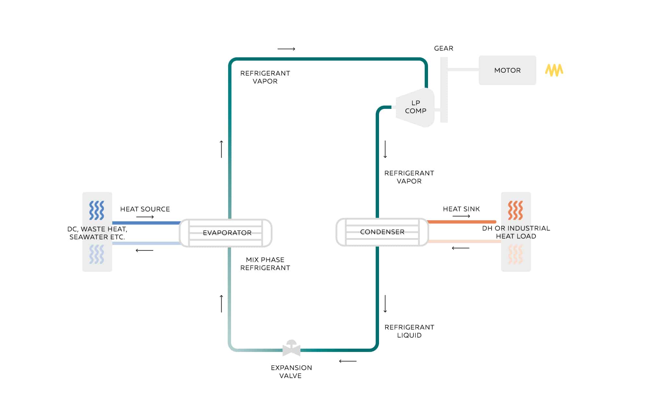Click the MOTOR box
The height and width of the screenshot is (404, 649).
[x=507, y=70]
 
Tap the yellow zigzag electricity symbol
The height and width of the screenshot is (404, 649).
[x=554, y=70]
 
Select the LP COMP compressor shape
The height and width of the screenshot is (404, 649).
[x=415, y=107]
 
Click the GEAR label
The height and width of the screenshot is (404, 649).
[x=444, y=48]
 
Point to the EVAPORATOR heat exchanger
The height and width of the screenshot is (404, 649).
[x=226, y=233]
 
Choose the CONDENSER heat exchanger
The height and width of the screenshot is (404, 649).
[x=382, y=232]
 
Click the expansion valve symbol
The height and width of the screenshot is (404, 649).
[x=291, y=349]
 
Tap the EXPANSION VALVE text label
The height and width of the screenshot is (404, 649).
[x=291, y=372]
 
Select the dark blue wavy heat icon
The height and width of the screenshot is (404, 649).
[x=97, y=210]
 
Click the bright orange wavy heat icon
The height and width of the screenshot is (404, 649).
[x=515, y=210]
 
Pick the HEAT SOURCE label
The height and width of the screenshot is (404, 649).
[x=145, y=209]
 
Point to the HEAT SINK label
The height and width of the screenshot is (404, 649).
[x=461, y=209]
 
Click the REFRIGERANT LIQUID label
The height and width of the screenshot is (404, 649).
[x=409, y=331]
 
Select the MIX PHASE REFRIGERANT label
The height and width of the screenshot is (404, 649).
[x=265, y=264]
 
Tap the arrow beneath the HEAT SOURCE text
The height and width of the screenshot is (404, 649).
[x=145, y=217]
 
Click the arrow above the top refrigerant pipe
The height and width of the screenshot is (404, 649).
[x=286, y=49]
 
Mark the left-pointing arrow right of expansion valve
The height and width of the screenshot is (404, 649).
[x=348, y=361]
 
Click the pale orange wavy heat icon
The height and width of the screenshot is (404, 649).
[x=515, y=254]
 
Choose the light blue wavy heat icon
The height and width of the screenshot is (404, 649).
[x=97, y=254]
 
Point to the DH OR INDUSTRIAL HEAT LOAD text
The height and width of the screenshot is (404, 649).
[x=516, y=232]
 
